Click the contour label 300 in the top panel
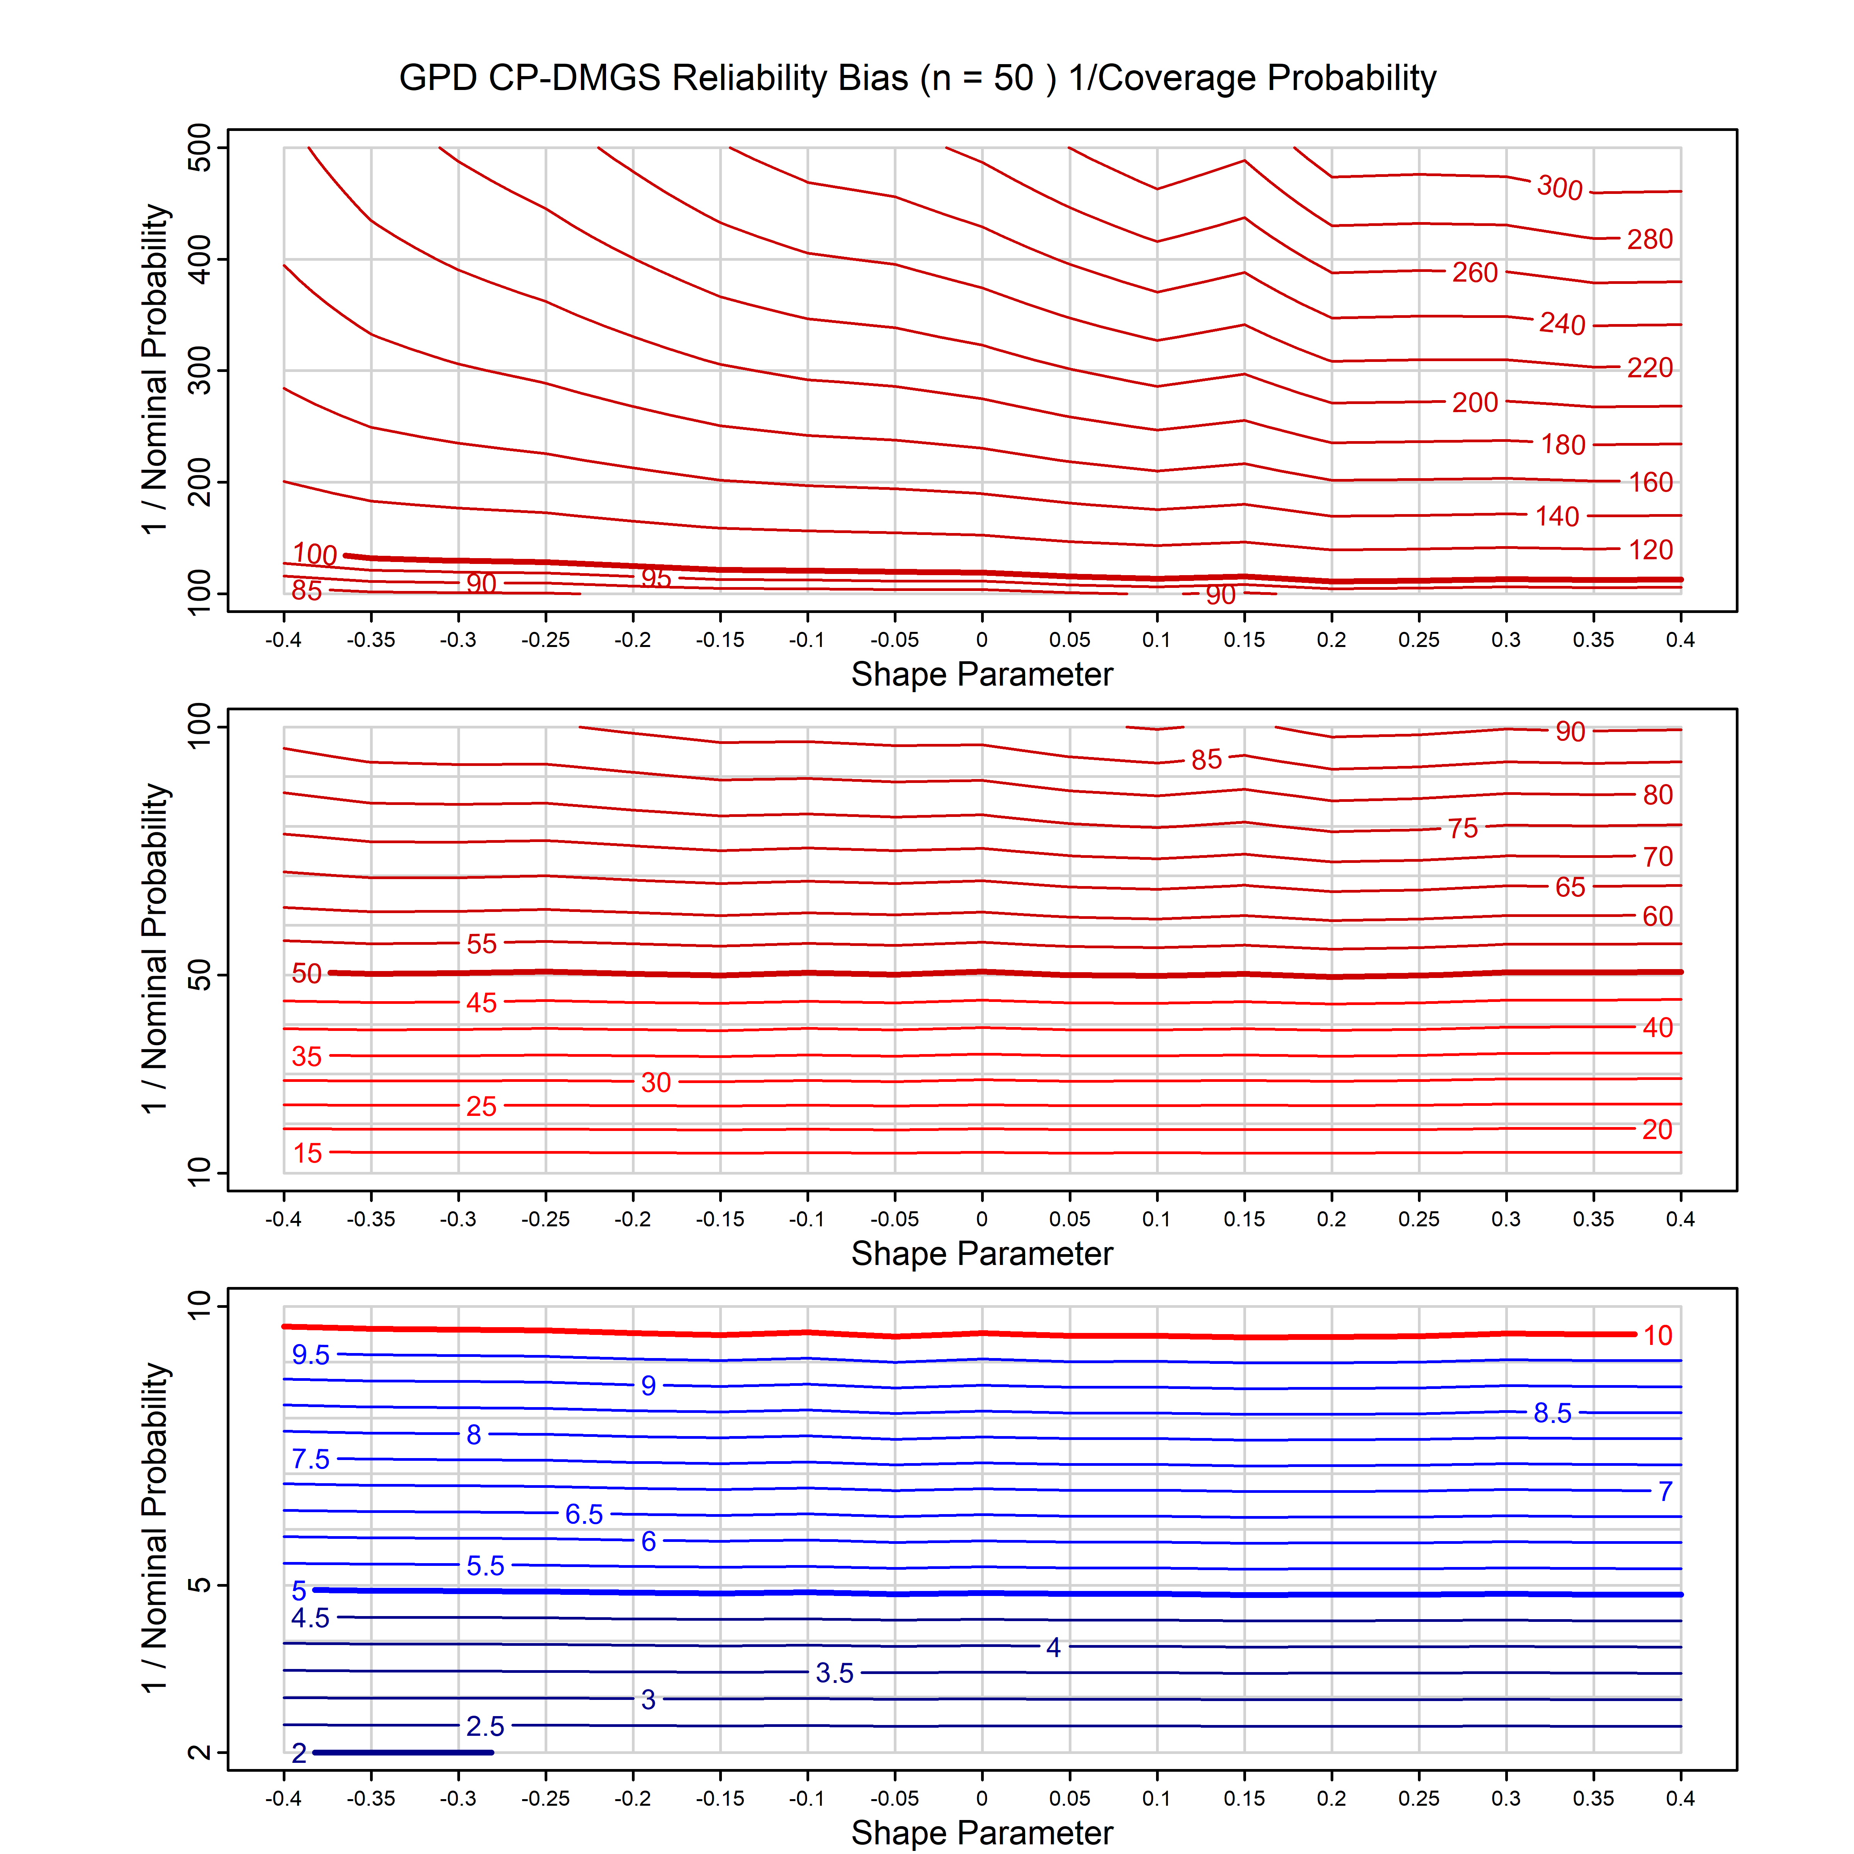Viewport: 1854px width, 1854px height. [1559, 187]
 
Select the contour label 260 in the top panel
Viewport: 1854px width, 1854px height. [1475, 273]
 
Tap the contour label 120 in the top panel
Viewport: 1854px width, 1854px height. [1650, 550]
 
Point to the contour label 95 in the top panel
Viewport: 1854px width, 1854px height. [656, 578]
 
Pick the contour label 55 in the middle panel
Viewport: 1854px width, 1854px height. [482, 943]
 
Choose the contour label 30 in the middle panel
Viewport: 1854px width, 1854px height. [656, 1082]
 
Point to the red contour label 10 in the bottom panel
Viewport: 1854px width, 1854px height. [1657, 1335]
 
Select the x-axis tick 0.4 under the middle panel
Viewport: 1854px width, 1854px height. [1680, 1219]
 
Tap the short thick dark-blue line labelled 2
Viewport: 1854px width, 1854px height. [403, 1752]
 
